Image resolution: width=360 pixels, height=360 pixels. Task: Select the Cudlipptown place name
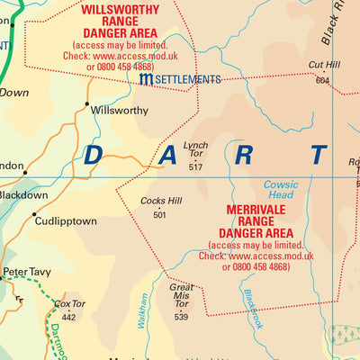click(65, 220)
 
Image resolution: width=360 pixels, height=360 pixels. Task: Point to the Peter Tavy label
click(28, 271)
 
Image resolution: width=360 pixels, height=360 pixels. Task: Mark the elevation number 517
click(195, 167)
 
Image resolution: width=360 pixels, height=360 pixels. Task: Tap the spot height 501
click(160, 214)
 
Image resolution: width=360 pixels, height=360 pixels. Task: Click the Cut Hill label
click(323, 66)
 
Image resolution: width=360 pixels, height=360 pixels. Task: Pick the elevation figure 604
click(323, 81)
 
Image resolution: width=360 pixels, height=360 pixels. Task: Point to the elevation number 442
click(68, 316)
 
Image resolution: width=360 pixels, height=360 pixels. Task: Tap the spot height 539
click(181, 316)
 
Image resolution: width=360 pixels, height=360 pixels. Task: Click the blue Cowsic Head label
click(280, 190)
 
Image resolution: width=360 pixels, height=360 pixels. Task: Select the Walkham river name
click(139, 310)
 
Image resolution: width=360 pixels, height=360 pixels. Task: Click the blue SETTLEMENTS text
click(187, 80)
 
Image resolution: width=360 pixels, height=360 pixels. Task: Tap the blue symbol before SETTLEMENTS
click(146, 80)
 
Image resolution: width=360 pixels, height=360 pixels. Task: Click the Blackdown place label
click(23, 195)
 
